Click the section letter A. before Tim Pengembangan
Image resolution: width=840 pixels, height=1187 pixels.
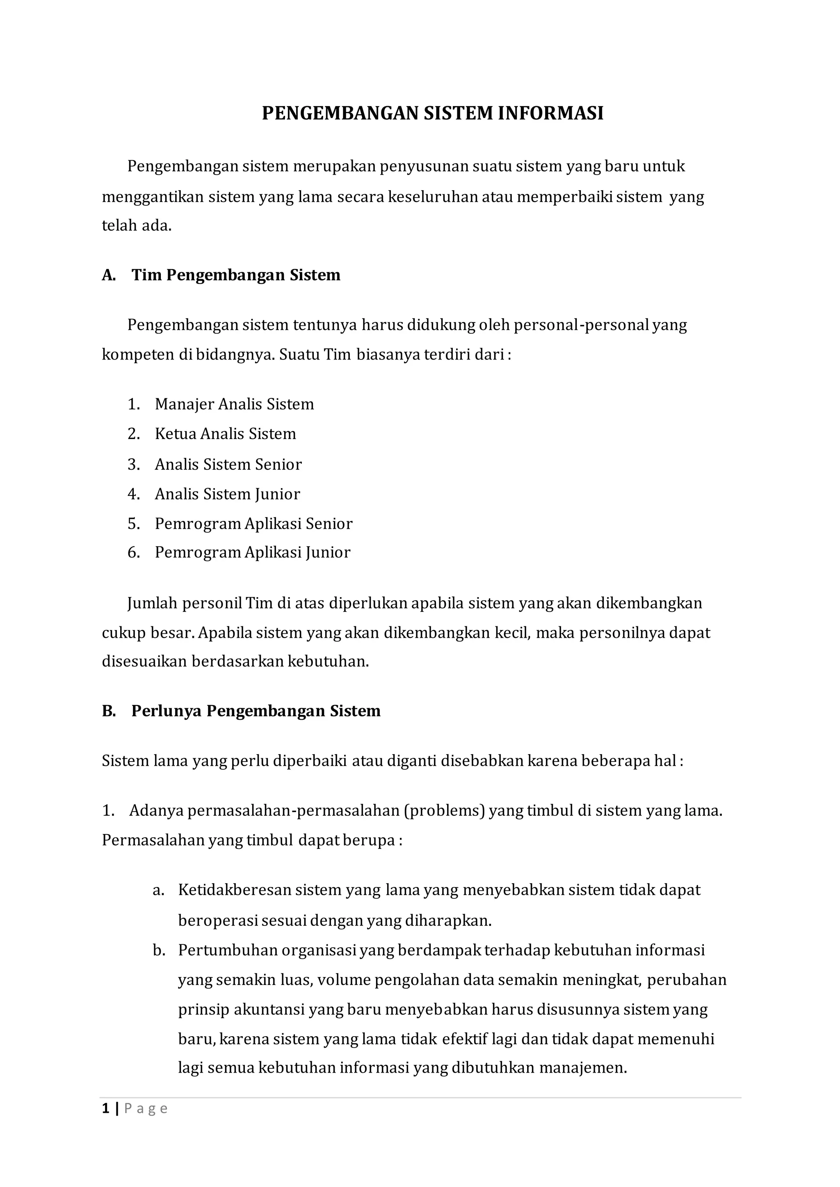[109, 275]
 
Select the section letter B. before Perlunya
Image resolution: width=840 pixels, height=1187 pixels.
[109, 712]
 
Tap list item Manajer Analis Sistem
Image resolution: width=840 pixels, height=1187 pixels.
[234, 404]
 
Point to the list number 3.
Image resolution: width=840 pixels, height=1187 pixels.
[133, 464]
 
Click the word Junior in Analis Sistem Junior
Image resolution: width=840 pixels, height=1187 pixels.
[277, 494]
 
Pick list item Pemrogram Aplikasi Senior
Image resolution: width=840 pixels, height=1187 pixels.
[253, 524]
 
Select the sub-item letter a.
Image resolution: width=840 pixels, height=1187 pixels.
[158, 890]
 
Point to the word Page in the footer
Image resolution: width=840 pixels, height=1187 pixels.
[146, 1109]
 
